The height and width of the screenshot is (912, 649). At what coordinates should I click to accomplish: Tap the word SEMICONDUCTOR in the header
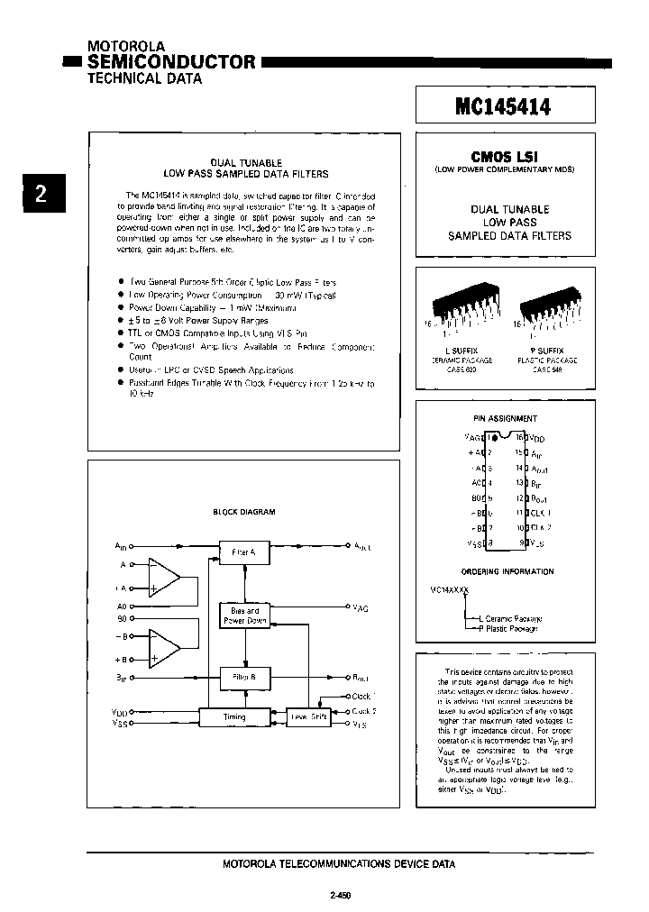[x=171, y=61]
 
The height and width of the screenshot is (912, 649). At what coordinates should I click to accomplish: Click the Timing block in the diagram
[x=234, y=716]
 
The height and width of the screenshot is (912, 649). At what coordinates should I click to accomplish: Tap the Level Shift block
[x=307, y=716]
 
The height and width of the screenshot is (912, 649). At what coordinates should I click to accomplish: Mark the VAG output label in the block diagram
[x=360, y=609]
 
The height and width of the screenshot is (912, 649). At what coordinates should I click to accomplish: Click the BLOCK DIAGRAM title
[x=243, y=512]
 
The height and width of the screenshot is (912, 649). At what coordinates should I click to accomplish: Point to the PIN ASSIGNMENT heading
[x=505, y=418]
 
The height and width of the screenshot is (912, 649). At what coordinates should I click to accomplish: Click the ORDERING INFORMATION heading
[x=507, y=571]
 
